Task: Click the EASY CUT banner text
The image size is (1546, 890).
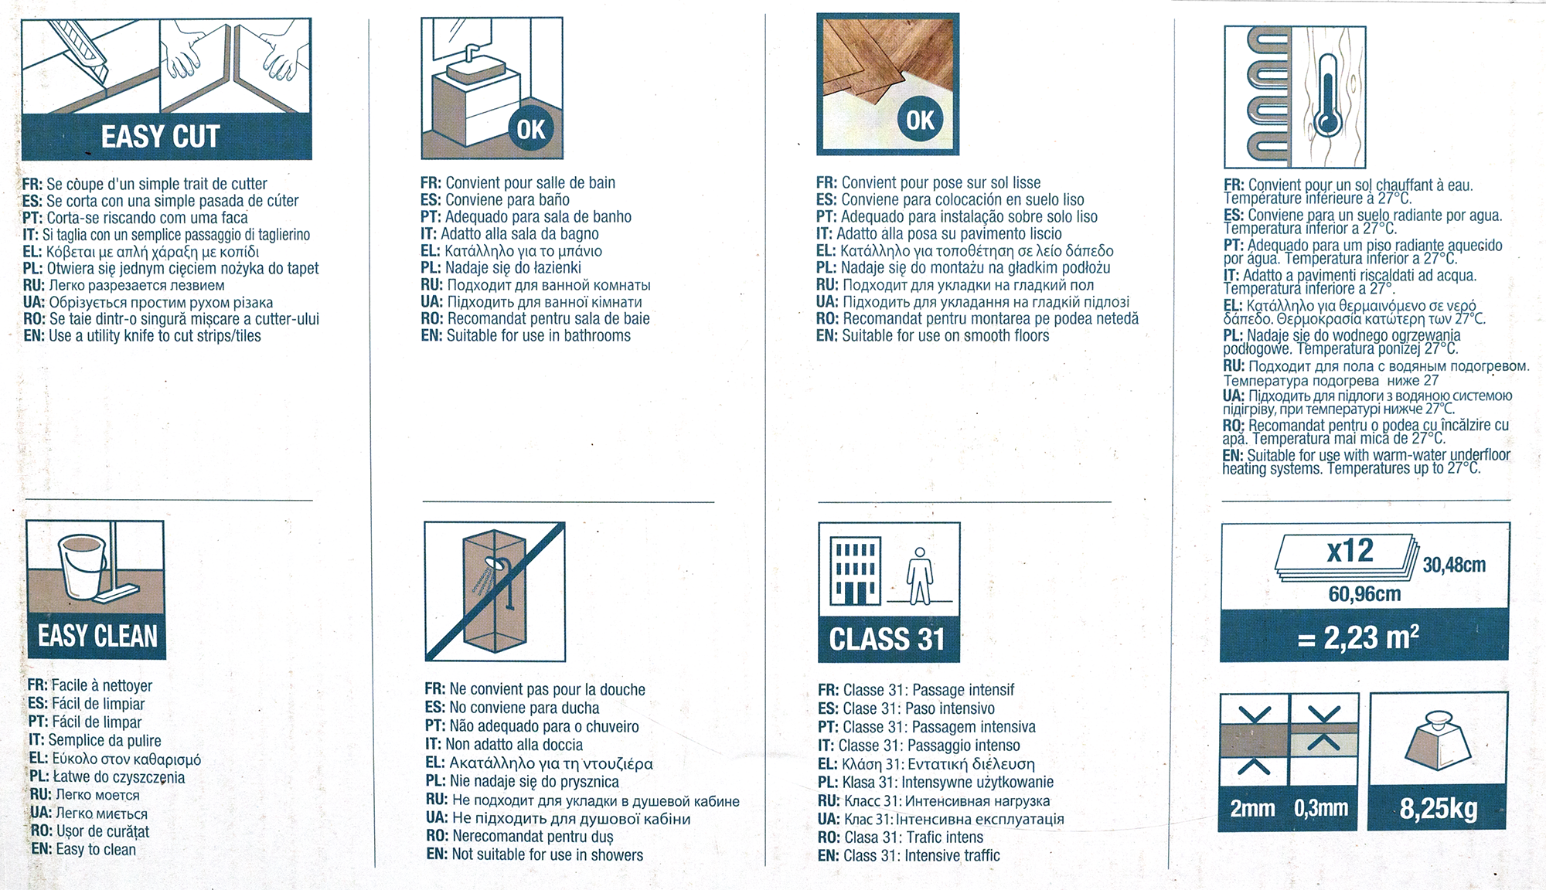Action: (x=161, y=137)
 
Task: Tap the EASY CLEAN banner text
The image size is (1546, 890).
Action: (x=97, y=637)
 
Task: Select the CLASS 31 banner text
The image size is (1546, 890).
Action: (x=887, y=640)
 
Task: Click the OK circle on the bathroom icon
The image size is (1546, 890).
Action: (x=531, y=129)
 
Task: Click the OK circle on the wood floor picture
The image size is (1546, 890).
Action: (x=920, y=121)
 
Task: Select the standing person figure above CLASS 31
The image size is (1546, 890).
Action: (x=919, y=576)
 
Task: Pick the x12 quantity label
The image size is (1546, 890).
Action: (x=1350, y=551)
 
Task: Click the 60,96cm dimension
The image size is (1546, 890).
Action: (x=1364, y=594)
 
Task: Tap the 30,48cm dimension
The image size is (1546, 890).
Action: (x=1454, y=565)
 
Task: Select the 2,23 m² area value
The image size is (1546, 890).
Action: (x=1358, y=637)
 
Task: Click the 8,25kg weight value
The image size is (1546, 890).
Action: (x=1439, y=808)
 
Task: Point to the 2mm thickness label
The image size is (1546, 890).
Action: (x=1252, y=808)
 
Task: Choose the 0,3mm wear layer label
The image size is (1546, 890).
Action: (x=1321, y=808)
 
